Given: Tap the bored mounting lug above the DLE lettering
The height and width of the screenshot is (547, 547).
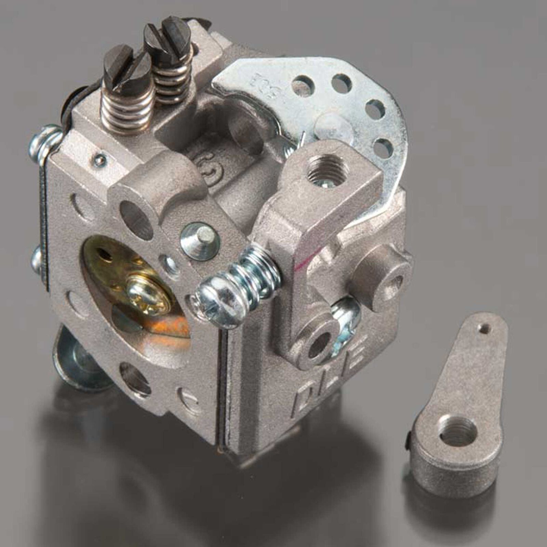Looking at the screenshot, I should [318, 345].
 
